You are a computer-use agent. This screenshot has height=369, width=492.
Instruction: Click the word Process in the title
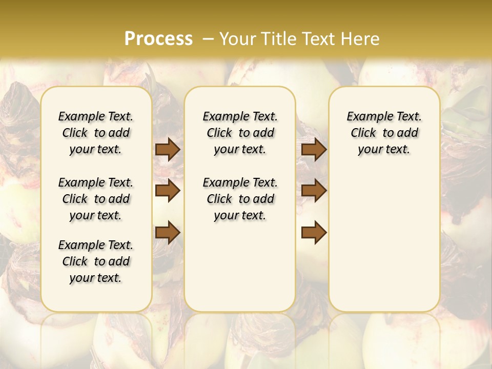tap(158, 38)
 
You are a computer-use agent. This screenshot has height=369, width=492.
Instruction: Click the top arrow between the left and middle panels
tap(168, 149)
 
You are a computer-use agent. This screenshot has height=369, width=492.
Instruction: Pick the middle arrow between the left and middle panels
tap(168, 191)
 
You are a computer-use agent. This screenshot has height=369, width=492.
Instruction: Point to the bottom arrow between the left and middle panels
tap(168, 232)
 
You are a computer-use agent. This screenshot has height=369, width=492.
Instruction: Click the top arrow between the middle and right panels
tap(314, 149)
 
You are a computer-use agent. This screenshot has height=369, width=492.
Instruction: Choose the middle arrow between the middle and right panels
tap(314, 191)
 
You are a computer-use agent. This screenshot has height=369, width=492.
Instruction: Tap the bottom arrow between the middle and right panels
tap(314, 232)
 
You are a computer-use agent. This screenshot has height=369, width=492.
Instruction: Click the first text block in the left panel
tap(96, 133)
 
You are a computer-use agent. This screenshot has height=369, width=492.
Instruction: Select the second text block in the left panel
tap(96, 199)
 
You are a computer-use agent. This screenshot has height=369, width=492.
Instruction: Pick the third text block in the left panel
tap(96, 261)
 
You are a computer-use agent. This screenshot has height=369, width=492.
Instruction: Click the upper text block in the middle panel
tap(240, 133)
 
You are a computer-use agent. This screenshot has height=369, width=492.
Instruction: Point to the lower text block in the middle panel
tap(240, 199)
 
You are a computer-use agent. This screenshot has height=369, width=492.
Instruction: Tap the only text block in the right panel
tap(384, 133)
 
